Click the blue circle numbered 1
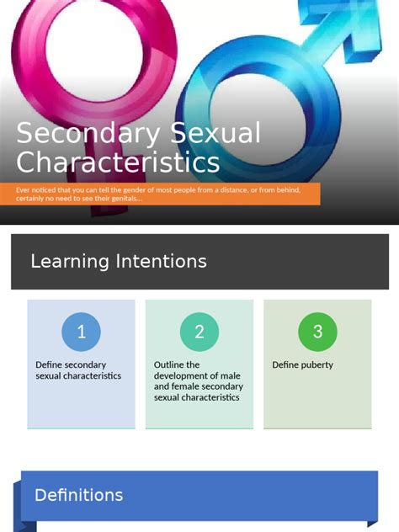(x=81, y=332)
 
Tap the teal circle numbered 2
(x=199, y=332)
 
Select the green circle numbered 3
(x=317, y=332)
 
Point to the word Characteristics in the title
(x=119, y=162)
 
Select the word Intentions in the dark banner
(x=161, y=261)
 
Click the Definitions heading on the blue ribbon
(x=78, y=495)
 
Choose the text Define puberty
(x=302, y=364)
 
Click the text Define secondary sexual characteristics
(x=78, y=370)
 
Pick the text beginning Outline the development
(x=199, y=380)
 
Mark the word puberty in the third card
(x=317, y=364)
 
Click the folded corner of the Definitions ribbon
(x=25, y=523)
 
